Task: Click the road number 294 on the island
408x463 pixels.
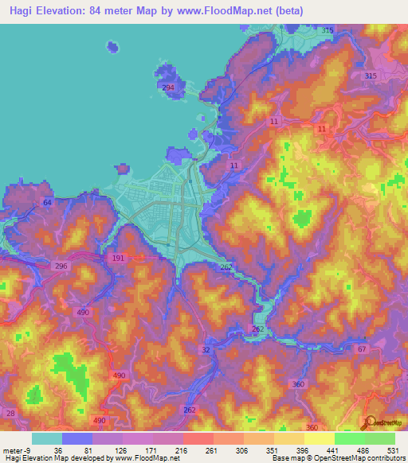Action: [x=168, y=88]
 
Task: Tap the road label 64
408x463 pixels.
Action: [x=47, y=204]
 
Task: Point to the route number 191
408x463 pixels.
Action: [x=117, y=259]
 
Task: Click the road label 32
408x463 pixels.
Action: [x=206, y=350]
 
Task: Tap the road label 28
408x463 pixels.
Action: [x=10, y=413]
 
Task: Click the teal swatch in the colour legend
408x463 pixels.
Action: [x=47, y=438]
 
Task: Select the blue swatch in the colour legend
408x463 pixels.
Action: [x=77, y=438]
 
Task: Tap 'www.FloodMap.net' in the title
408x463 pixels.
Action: [x=237, y=11]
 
